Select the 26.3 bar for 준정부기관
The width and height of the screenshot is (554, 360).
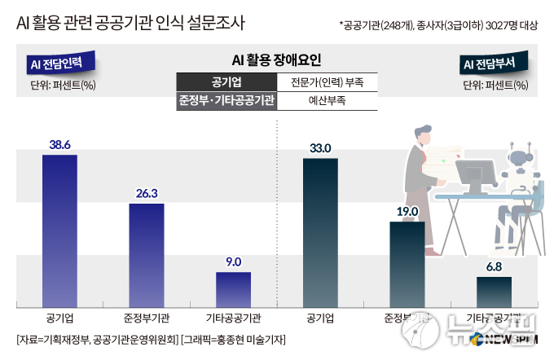point(147,255)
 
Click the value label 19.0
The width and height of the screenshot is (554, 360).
point(407,212)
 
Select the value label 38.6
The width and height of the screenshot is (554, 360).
point(59,143)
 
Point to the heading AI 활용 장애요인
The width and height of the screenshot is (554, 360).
point(277,59)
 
